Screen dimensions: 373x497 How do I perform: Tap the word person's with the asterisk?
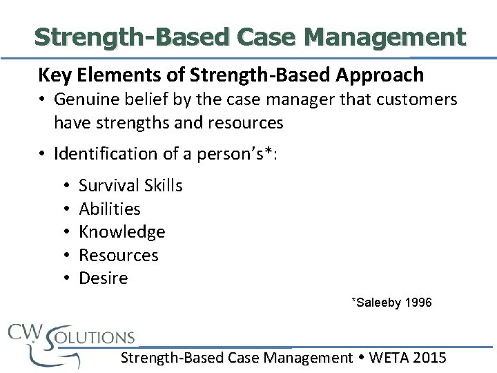tap(238, 153)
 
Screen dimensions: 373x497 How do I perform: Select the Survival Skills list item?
tap(130, 185)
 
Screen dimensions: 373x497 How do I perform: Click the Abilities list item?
tap(109, 209)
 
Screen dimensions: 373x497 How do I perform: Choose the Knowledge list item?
tap(121, 232)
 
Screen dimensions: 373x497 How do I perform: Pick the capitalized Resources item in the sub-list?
tap(118, 256)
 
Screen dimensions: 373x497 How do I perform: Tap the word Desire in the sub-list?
tap(103, 278)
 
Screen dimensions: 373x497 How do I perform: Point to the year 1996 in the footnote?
tap(419, 303)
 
